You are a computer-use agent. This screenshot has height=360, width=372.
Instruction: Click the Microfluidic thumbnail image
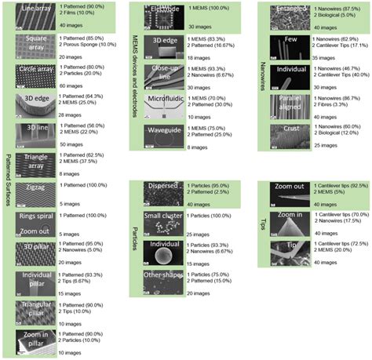(162, 102)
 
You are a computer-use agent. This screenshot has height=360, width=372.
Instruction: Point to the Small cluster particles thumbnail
(162, 223)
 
